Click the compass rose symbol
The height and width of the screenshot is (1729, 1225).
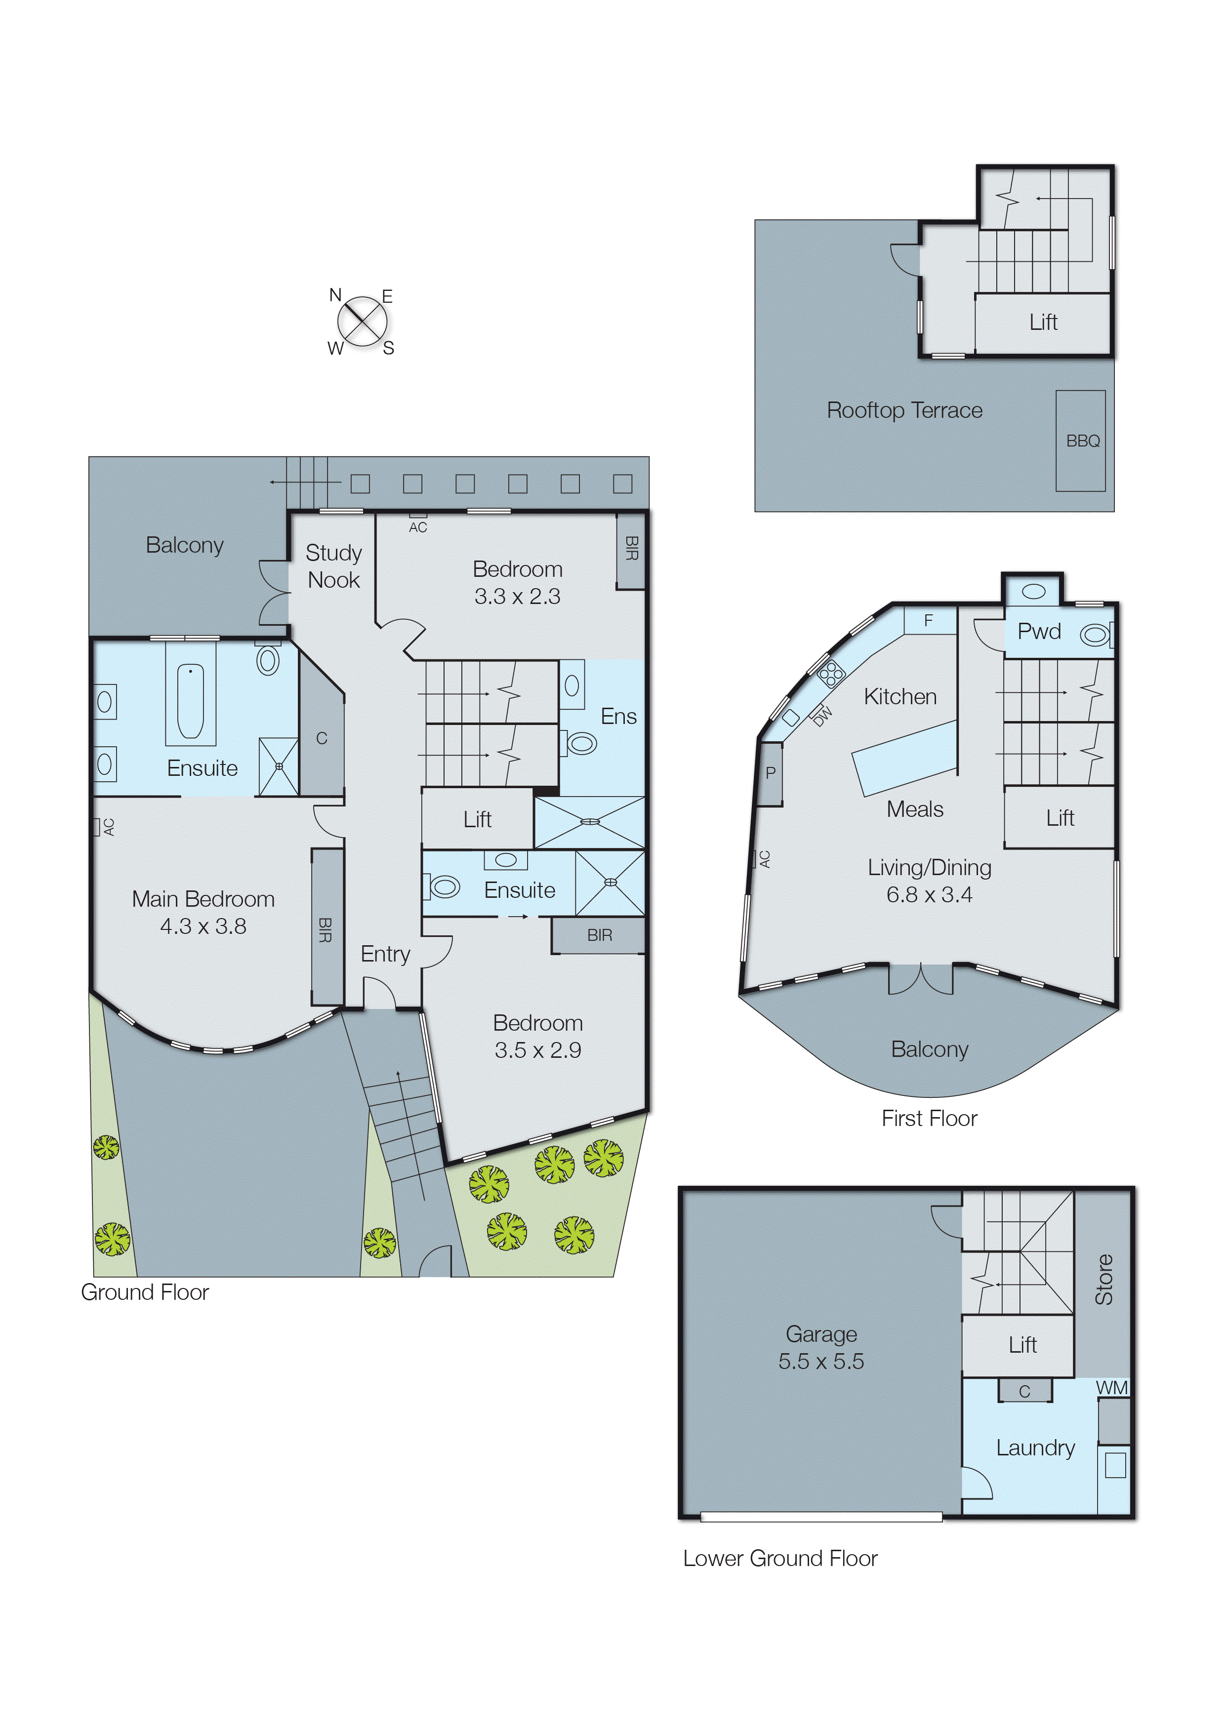coord(362,321)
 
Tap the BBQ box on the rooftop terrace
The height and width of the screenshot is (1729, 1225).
coord(1080,441)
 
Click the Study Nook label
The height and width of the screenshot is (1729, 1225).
coord(333,566)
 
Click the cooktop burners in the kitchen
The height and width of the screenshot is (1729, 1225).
coord(830,673)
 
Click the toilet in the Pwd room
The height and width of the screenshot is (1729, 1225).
coord(1095,636)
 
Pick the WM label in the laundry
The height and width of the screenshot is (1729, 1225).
coord(1111,1387)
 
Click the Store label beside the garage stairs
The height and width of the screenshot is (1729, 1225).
coord(1103,1280)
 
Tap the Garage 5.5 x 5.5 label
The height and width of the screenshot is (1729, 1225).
coord(820,1347)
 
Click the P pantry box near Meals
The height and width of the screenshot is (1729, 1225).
coord(770,773)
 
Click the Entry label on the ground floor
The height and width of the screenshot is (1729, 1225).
coord(385,954)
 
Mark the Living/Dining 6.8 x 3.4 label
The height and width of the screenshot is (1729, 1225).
coord(929,881)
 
